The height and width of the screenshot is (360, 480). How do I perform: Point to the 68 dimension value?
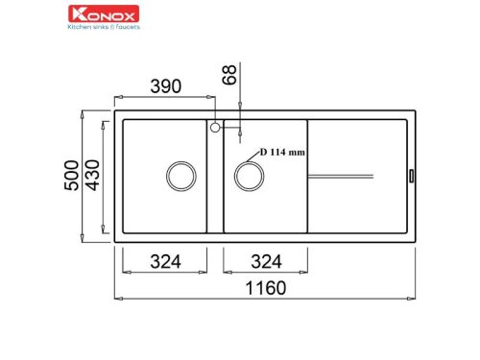tap(228, 74)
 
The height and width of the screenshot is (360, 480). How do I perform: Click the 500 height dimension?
tap(70, 175)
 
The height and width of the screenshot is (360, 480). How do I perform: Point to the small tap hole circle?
tap(215, 126)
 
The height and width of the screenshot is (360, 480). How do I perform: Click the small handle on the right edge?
tap(412, 175)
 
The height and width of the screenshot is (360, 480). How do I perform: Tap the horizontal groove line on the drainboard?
tap(341, 175)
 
